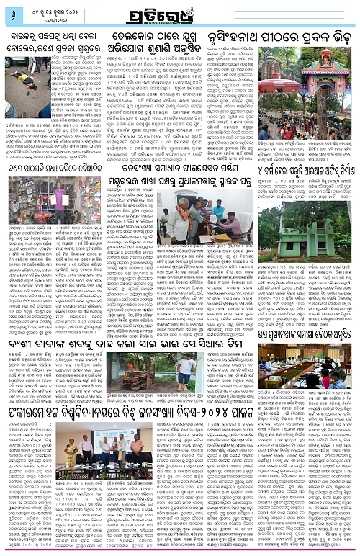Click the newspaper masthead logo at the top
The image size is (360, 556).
point(179,15)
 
